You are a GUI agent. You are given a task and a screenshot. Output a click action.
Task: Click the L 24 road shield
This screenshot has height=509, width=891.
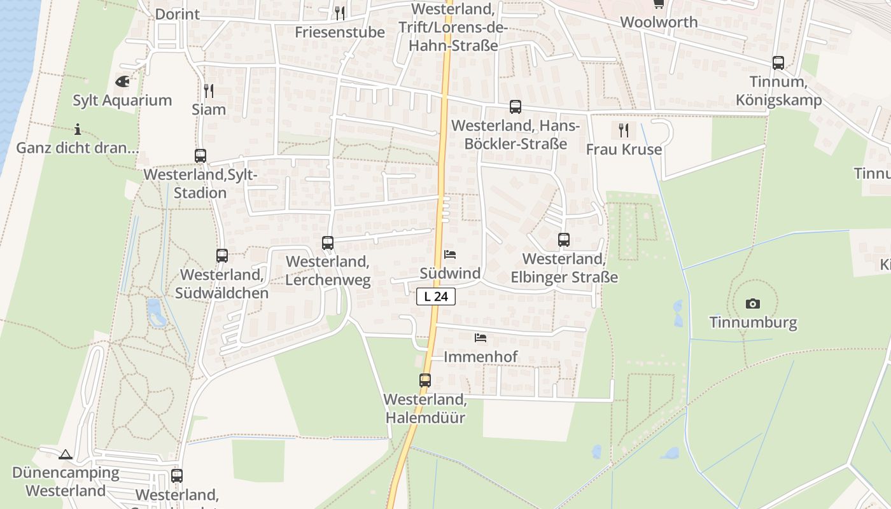pos(436,296)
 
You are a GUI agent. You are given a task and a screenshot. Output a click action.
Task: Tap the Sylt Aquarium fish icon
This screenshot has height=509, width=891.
pos(122,81)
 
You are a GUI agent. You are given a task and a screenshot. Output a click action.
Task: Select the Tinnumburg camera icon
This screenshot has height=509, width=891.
pos(753,303)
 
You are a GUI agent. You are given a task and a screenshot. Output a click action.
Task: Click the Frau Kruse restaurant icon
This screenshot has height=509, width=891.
pos(624,130)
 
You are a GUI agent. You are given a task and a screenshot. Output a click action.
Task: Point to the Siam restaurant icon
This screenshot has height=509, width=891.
pos(208,91)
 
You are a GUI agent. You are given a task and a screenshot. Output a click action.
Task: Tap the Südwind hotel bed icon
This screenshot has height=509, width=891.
pos(450,254)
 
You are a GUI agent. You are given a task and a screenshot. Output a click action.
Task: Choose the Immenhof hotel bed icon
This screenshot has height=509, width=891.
pos(481,338)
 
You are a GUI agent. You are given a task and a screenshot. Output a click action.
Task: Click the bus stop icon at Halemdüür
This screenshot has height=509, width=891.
pos(425,380)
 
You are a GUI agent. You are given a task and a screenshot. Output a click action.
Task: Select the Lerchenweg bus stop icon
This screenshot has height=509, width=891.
pos(328,242)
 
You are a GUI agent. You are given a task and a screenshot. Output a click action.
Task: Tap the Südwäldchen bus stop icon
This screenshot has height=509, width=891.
pos(222,256)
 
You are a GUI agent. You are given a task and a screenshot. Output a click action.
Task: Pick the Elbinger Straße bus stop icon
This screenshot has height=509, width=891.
pos(564,240)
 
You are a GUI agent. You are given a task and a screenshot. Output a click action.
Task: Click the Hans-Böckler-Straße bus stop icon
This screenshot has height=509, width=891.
pos(516,107)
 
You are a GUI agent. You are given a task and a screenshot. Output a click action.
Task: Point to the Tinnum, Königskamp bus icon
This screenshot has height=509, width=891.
pos(778,63)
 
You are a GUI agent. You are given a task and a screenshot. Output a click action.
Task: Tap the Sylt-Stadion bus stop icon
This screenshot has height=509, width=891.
pos(200,156)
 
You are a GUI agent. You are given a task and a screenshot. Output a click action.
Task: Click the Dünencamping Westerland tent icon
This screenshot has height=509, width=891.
pos(66,454)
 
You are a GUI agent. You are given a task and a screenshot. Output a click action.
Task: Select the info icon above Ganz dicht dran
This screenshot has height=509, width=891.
pos(78,130)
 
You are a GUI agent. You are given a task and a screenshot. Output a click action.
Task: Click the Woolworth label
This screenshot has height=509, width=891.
pos(659,22)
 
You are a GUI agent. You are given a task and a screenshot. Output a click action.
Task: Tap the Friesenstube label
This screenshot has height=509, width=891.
pos(340,32)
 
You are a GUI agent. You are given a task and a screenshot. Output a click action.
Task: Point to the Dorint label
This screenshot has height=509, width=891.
pos(177,14)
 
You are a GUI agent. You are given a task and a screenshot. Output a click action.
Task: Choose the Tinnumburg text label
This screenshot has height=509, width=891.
pos(754,323)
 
